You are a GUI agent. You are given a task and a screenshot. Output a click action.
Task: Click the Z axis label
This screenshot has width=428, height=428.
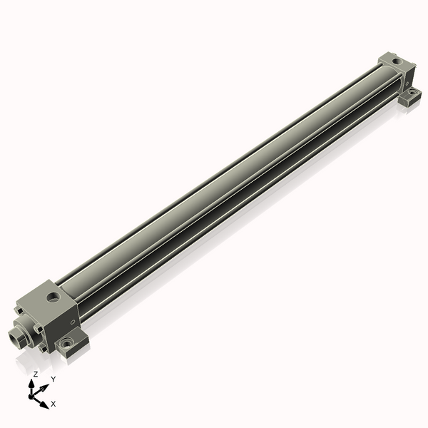35,374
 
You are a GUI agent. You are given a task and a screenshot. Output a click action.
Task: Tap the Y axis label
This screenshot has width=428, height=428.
53,379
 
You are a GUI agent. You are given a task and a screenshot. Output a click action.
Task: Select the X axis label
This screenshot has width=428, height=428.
53,404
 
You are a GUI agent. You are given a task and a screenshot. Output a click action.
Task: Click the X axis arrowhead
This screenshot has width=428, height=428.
45,404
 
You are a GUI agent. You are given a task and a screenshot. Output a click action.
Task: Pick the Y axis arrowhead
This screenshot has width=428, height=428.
44,385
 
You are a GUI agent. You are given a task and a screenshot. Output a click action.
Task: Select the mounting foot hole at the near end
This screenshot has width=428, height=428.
67,344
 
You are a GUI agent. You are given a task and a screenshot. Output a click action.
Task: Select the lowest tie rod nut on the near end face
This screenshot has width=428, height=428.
44,349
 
